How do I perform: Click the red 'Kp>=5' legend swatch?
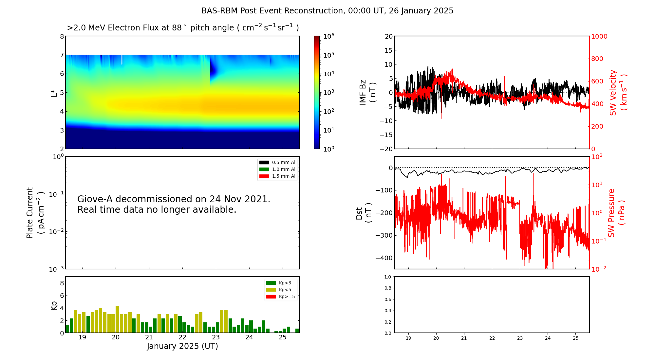[271, 297]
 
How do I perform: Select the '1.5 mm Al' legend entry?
[284, 176]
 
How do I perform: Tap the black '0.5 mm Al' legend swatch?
[264, 163]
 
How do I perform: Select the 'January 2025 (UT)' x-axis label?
[182, 346]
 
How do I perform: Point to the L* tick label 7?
[62, 55]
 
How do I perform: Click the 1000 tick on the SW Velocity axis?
[599, 36]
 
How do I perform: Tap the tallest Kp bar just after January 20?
[117, 319]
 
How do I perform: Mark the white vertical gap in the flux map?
[122, 60]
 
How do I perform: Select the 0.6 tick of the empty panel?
[387, 299]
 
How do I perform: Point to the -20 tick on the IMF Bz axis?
[386, 149]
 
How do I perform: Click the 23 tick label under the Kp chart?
[216, 337]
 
